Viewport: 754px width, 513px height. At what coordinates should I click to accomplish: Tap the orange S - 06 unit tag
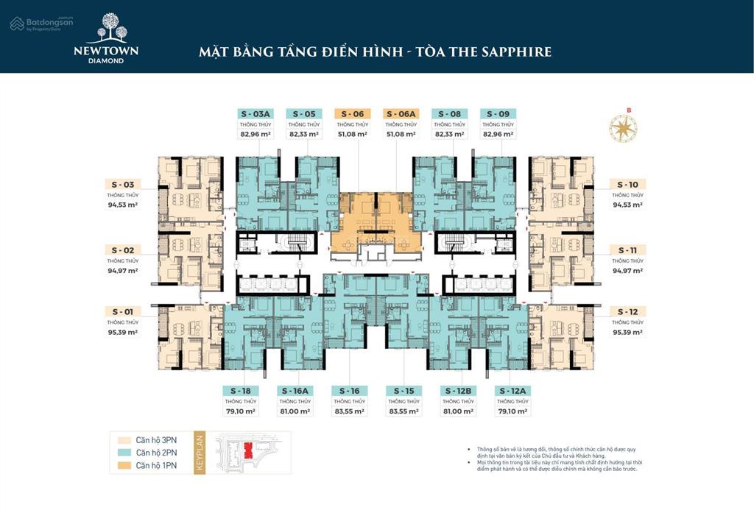pyautogui.click(x=353, y=114)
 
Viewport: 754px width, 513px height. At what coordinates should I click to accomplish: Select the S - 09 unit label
pyautogui.click(x=498, y=114)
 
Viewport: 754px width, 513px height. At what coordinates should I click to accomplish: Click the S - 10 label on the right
pyautogui.click(x=627, y=184)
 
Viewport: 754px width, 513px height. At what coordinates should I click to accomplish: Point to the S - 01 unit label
pyautogui.click(x=122, y=311)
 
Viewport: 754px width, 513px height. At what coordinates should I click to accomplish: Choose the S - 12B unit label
pyautogui.click(x=458, y=390)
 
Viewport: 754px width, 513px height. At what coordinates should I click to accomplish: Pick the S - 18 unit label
pyautogui.click(x=240, y=390)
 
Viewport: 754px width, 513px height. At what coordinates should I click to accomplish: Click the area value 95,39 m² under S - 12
pyautogui.click(x=627, y=333)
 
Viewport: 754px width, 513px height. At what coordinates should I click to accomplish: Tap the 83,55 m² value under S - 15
pyautogui.click(x=404, y=412)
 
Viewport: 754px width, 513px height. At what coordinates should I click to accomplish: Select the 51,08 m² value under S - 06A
pyautogui.click(x=401, y=135)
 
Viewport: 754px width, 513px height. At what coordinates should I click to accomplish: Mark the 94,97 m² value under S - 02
pyautogui.click(x=122, y=271)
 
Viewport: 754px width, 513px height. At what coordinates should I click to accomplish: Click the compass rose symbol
pyautogui.click(x=623, y=127)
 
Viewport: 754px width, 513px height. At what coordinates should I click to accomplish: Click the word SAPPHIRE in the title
pyautogui.click(x=515, y=52)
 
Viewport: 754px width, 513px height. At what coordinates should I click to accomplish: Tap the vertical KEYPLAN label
pyautogui.click(x=198, y=453)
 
